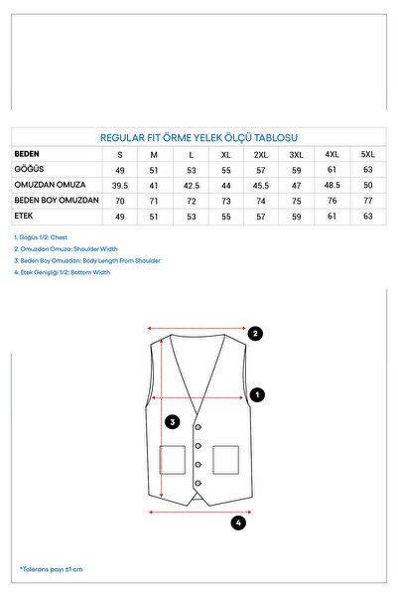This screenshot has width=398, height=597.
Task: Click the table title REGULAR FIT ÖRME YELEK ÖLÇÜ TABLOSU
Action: tap(199, 137)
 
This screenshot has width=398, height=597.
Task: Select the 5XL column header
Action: tap(367, 154)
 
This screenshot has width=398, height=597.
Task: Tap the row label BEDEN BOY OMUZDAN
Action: tap(57, 201)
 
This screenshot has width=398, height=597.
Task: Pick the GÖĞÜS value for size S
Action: tap(120, 170)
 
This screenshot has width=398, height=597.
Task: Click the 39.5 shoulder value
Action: tap(120, 186)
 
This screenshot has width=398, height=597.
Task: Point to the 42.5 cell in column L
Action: tap(191, 186)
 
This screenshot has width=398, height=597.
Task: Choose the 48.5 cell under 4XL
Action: tap(332, 185)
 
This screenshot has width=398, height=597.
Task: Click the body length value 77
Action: tap(367, 201)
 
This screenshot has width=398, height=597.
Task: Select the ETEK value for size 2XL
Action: tap(261, 217)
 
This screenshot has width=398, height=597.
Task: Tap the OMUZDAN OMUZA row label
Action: tap(50, 185)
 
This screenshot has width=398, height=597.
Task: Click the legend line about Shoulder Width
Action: tap(66, 249)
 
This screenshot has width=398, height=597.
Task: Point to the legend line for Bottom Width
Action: tap(62, 272)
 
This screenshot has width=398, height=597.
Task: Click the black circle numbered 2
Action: tap(255, 334)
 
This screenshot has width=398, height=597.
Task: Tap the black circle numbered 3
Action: tap(173, 422)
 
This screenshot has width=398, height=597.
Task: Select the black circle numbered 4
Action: tap(238, 522)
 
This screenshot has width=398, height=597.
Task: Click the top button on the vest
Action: tap(198, 427)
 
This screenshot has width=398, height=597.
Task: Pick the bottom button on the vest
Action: tap(198, 483)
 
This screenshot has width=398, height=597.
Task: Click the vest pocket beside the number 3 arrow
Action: tap(173, 460)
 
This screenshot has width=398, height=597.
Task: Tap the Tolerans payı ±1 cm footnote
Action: tap(51, 569)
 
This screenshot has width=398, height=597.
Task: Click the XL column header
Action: tap(226, 155)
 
